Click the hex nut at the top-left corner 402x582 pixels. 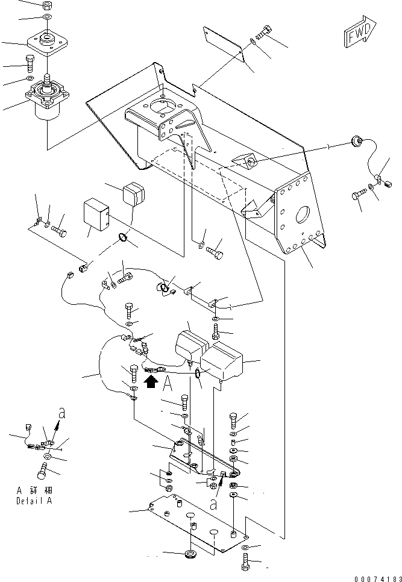pyautogui.click(x=46, y=5)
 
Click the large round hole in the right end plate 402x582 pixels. pyautogui.click(x=303, y=216)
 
